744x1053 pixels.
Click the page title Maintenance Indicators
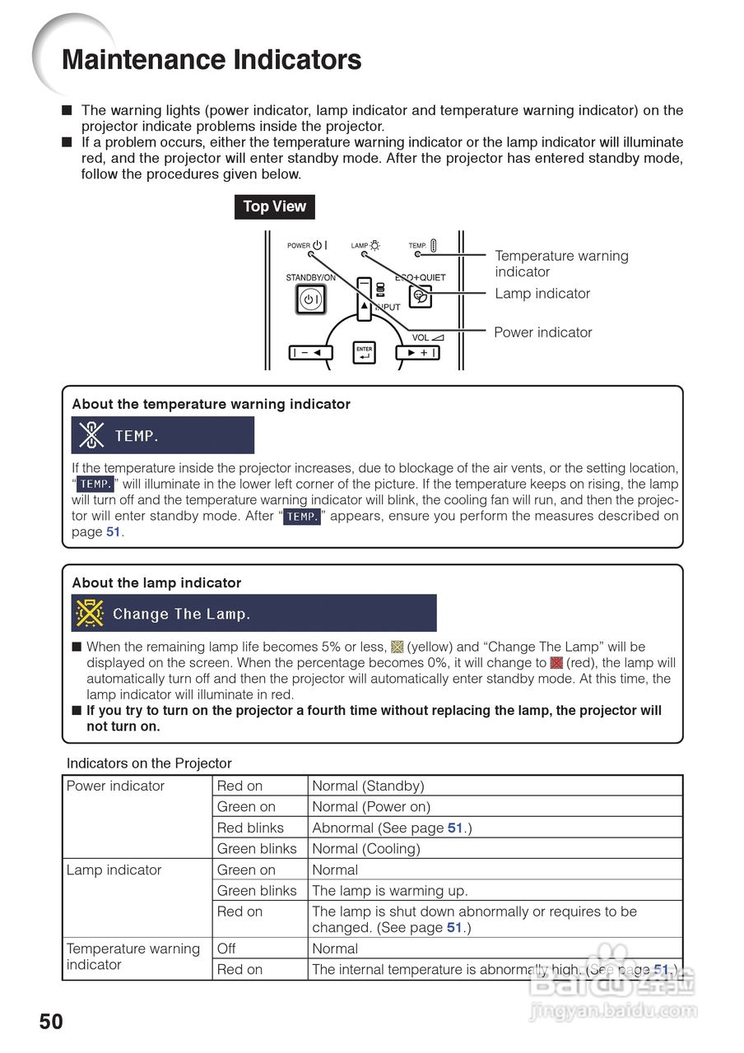coord(212,60)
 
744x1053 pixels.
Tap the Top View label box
coord(274,206)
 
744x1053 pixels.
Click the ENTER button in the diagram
coord(365,353)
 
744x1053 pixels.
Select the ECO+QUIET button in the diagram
coord(421,297)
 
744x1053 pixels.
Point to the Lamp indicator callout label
coord(542,294)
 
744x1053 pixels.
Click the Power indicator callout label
coord(542,332)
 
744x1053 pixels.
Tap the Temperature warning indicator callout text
coord(561,264)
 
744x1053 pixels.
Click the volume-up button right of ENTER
coord(418,353)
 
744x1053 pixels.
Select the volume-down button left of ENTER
coord(310,353)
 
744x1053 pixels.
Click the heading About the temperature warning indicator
coord(211,404)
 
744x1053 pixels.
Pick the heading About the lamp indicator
coord(156,582)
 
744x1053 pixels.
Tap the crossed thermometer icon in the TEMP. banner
coord(91,435)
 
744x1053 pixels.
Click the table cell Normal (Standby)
coord(368,786)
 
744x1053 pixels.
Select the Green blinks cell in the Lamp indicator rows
coord(256,890)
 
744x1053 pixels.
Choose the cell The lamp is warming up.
coord(389,890)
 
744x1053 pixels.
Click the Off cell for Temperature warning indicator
coord(226,949)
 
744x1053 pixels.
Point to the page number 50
coord(51,1022)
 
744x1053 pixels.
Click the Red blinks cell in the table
coord(250,828)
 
